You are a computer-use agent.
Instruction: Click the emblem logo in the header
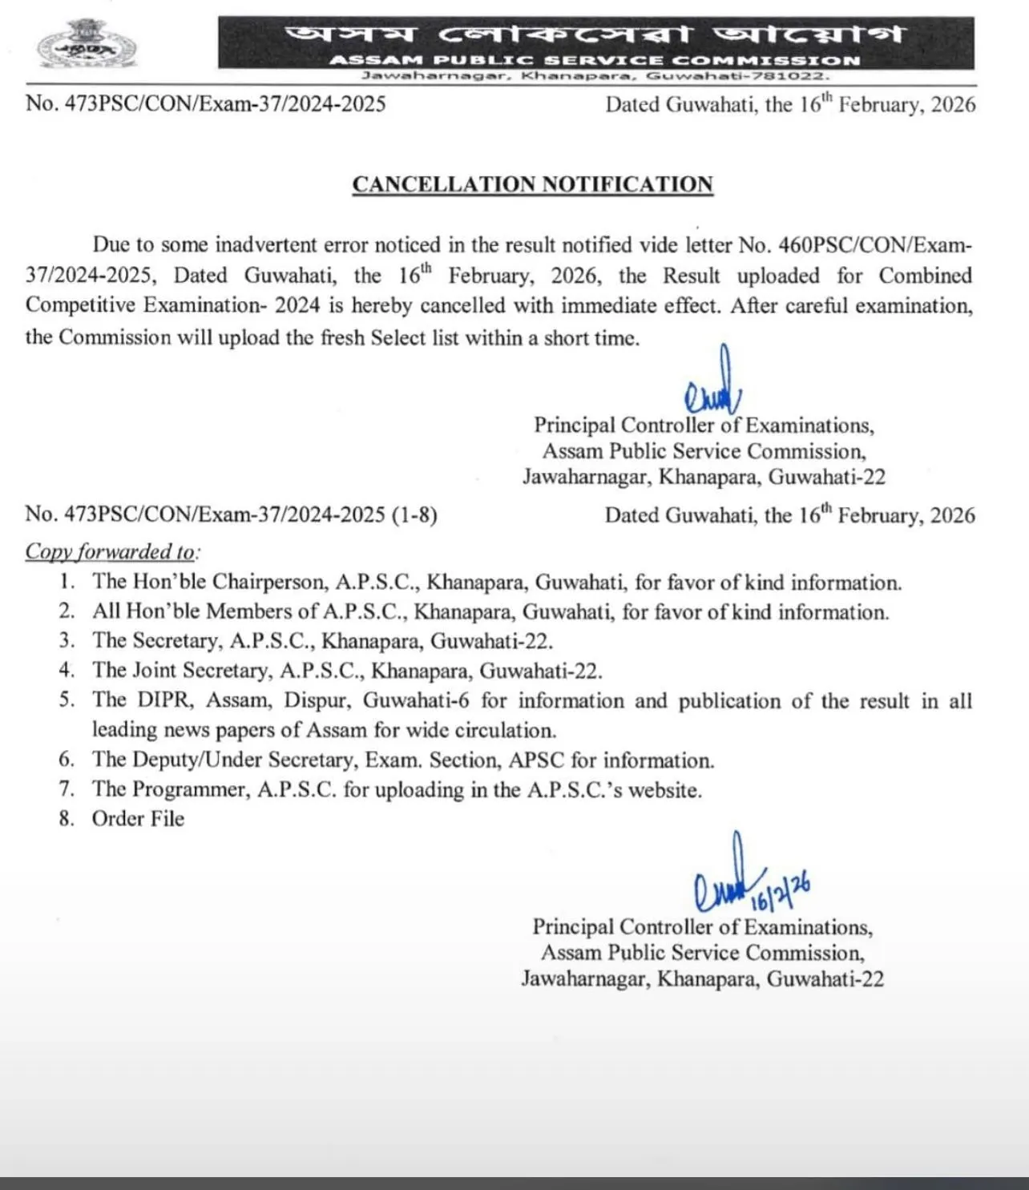[87, 46]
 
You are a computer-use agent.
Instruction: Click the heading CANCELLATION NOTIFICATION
[532, 184]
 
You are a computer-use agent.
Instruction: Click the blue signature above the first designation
[712, 385]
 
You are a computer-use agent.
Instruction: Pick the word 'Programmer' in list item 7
[190, 789]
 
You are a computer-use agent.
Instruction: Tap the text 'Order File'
[138, 819]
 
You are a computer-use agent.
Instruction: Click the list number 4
[67, 671]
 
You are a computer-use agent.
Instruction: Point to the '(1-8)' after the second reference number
[414, 514]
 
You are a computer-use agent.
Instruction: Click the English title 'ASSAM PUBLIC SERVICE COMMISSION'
[594, 60]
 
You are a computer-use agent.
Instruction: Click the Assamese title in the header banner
[595, 34]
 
